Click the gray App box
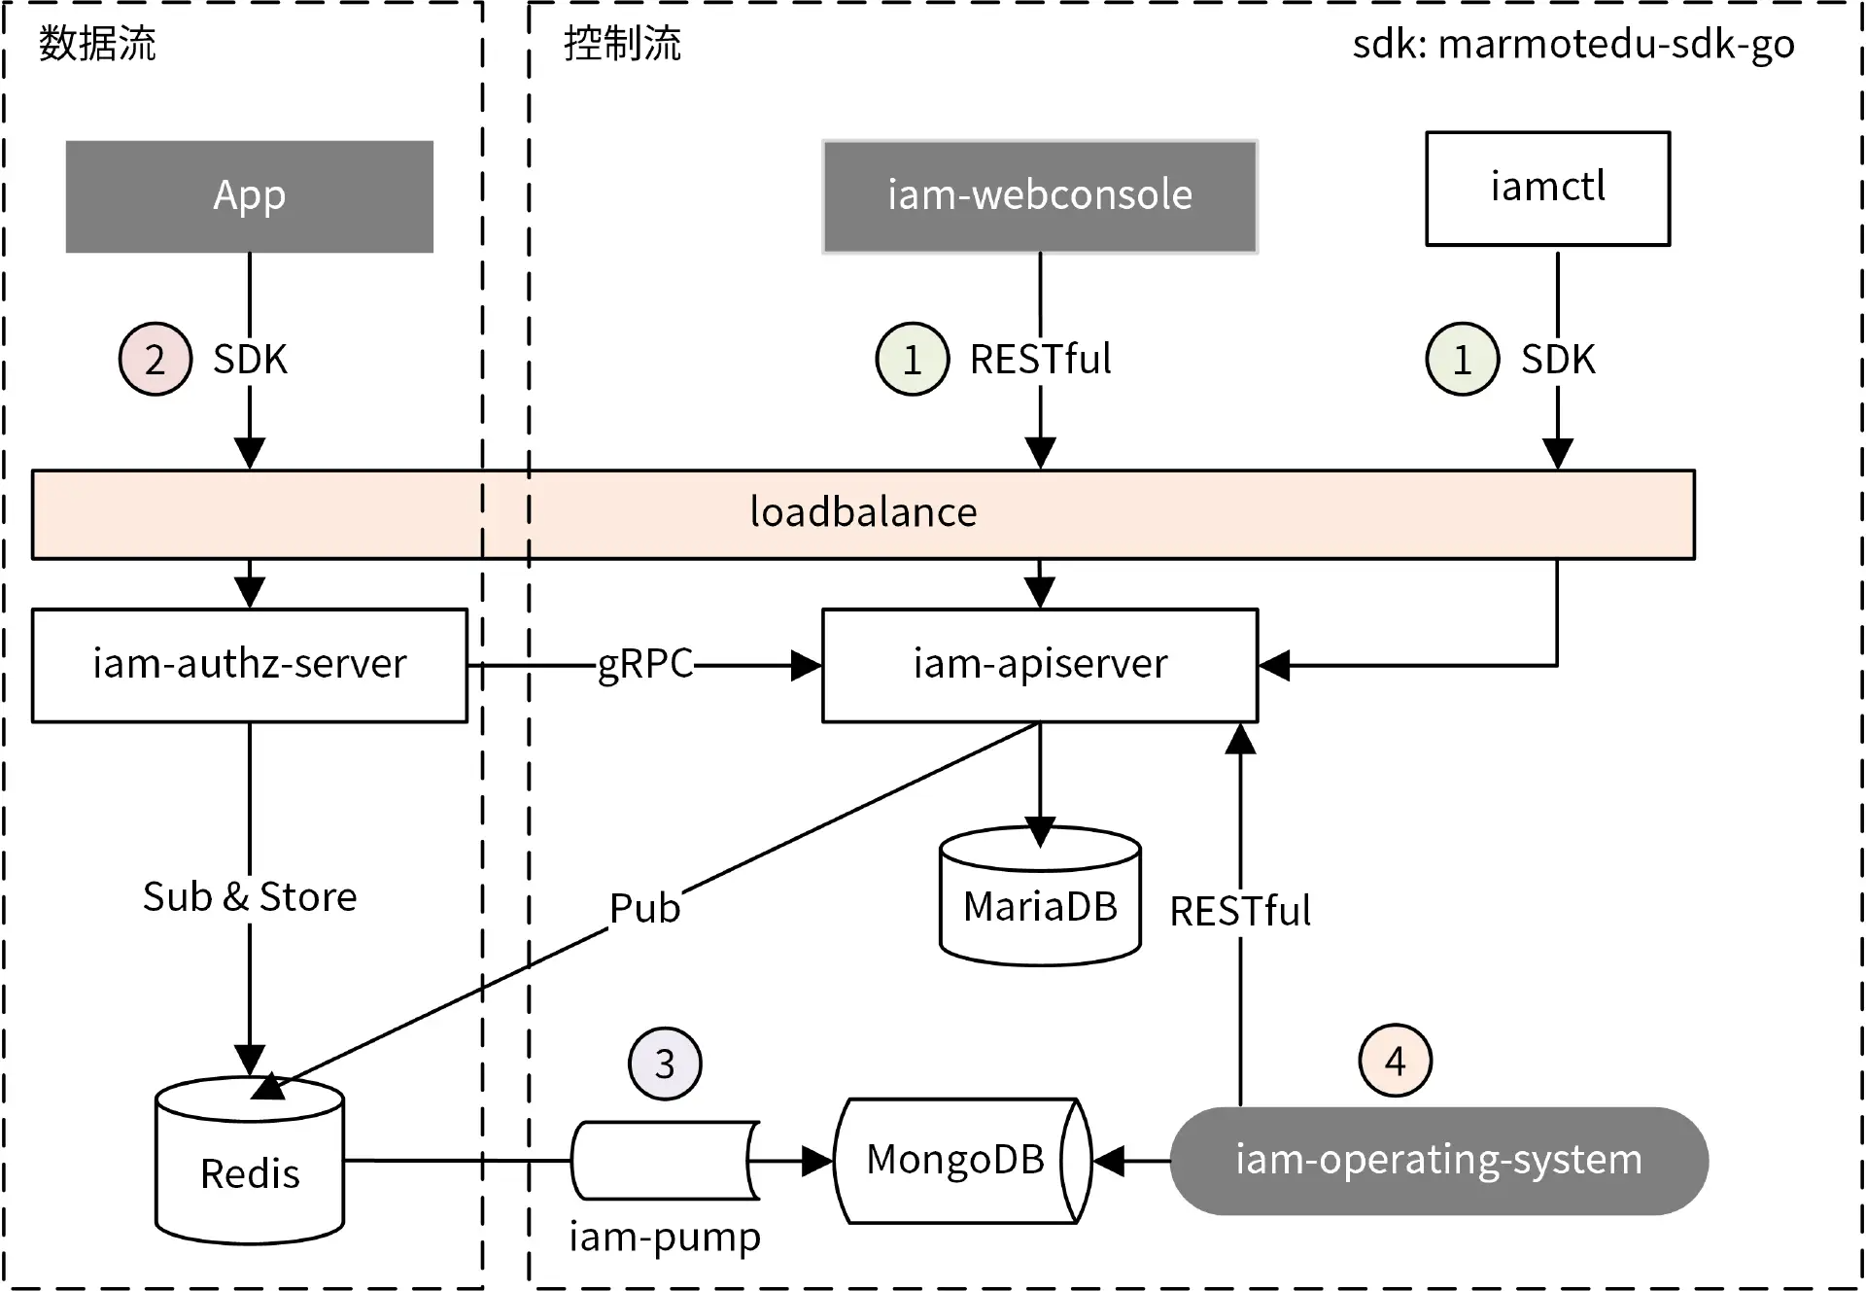[249, 196]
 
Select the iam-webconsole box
[1039, 196]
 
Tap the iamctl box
[1547, 189]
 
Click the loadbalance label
[863, 513]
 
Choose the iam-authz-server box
[249, 665]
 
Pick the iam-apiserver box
[1039, 665]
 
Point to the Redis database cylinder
[250, 1167]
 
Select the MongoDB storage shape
[957, 1160]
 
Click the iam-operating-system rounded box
[1438, 1161]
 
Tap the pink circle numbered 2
[155, 360]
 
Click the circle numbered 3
[665, 1064]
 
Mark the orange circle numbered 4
[1395, 1061]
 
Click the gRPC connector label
[644, 664]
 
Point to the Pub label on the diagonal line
[644, 909]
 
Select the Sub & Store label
[250, 896]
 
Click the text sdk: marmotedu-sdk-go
[1572, 45]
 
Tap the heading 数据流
[97, 45]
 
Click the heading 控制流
[622, 45]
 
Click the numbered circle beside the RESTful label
[912, 360]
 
